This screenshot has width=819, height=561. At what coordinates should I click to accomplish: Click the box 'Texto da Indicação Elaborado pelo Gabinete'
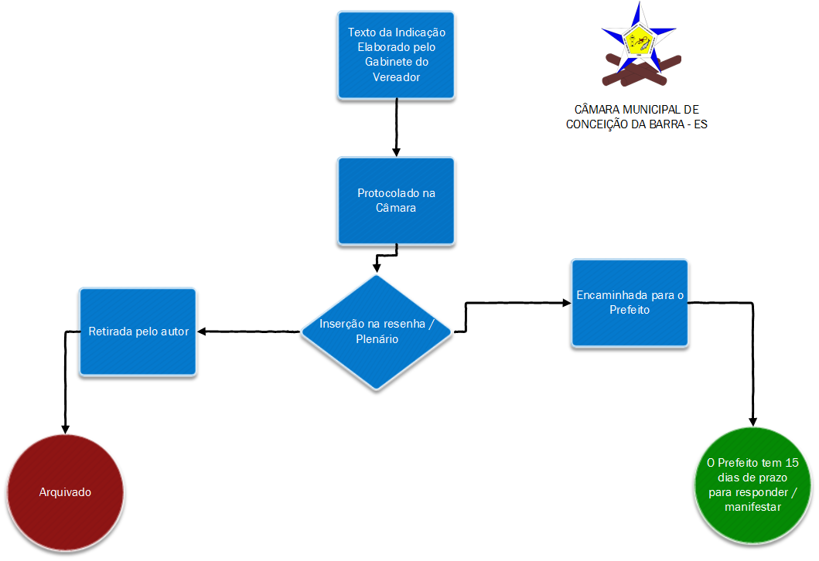[x=396, y=55]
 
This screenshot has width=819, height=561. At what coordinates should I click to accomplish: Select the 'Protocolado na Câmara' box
[x=396, y=201]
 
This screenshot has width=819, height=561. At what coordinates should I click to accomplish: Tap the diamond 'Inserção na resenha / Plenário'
[x=377, y=331]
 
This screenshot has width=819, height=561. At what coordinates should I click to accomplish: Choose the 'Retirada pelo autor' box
[x=138, y=332]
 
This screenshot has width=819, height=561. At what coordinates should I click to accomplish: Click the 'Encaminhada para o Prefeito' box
[x=630, y=303]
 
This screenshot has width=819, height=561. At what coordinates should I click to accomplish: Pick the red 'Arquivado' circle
[x=65, y=492]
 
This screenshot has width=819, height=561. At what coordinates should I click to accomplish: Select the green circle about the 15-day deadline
[x=752, y=485]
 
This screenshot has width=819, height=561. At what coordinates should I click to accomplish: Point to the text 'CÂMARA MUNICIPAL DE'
[x=636, y=110]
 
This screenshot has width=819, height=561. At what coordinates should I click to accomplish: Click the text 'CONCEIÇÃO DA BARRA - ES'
[x=636, y=124]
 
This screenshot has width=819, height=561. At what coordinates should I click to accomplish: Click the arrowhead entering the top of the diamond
[x=377, y=268]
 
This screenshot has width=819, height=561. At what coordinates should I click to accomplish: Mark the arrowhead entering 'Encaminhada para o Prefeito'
[x=565, y=304]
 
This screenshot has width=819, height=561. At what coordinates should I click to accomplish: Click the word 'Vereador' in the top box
[x=396, y=77]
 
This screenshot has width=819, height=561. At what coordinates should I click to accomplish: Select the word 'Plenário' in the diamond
[x=377, y=338]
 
